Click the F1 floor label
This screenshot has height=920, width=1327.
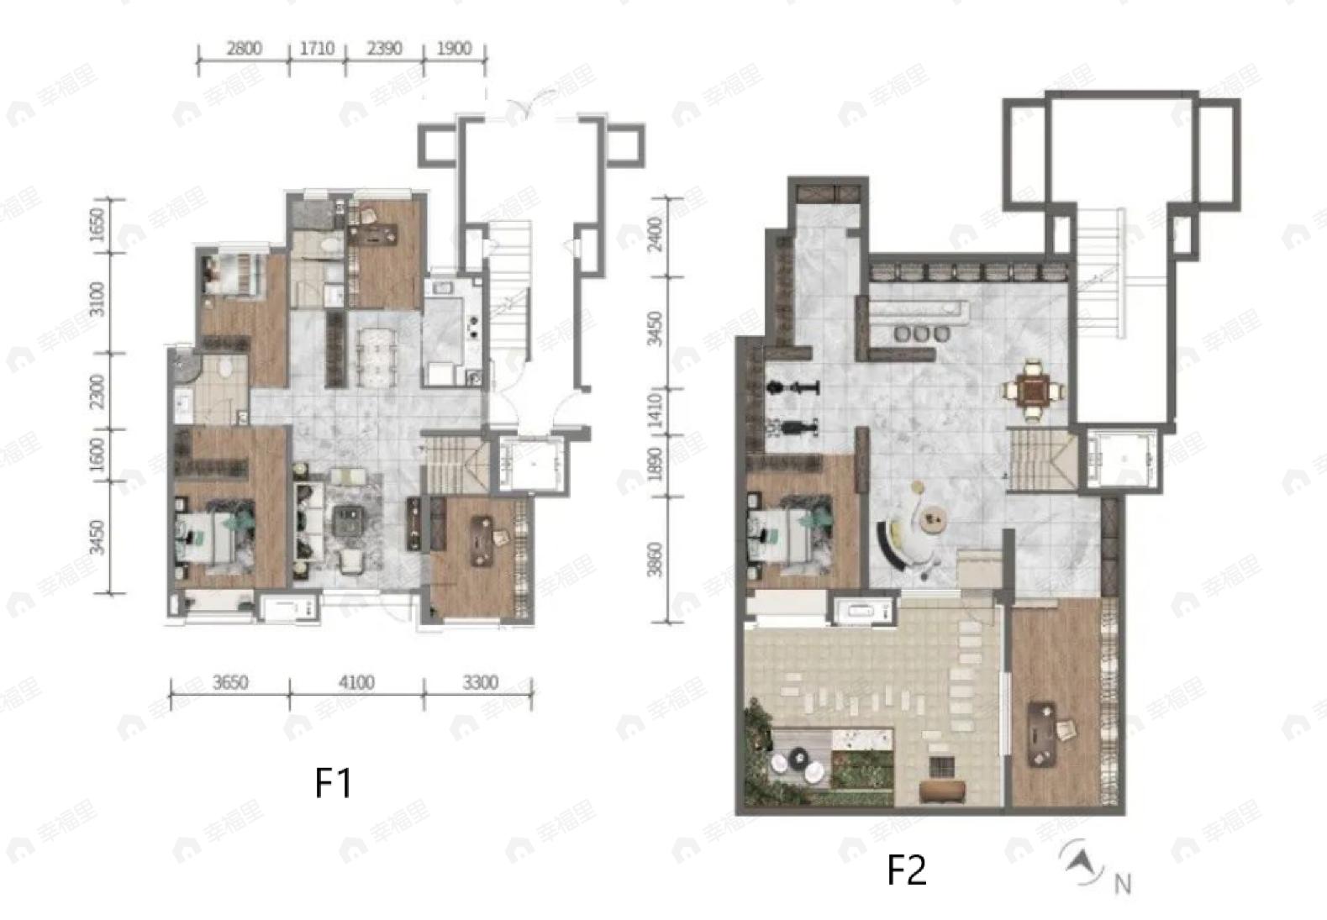tap(333, 783)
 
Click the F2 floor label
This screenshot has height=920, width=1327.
tap(907, 870)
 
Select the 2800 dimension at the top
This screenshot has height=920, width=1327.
tap(244, 48)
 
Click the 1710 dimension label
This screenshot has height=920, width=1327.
tap(317, 48)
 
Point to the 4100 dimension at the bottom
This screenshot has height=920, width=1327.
tap(355, 682)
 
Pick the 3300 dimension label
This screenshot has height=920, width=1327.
tap(480, 682)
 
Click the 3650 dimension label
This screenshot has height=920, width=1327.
tap(229, 682)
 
